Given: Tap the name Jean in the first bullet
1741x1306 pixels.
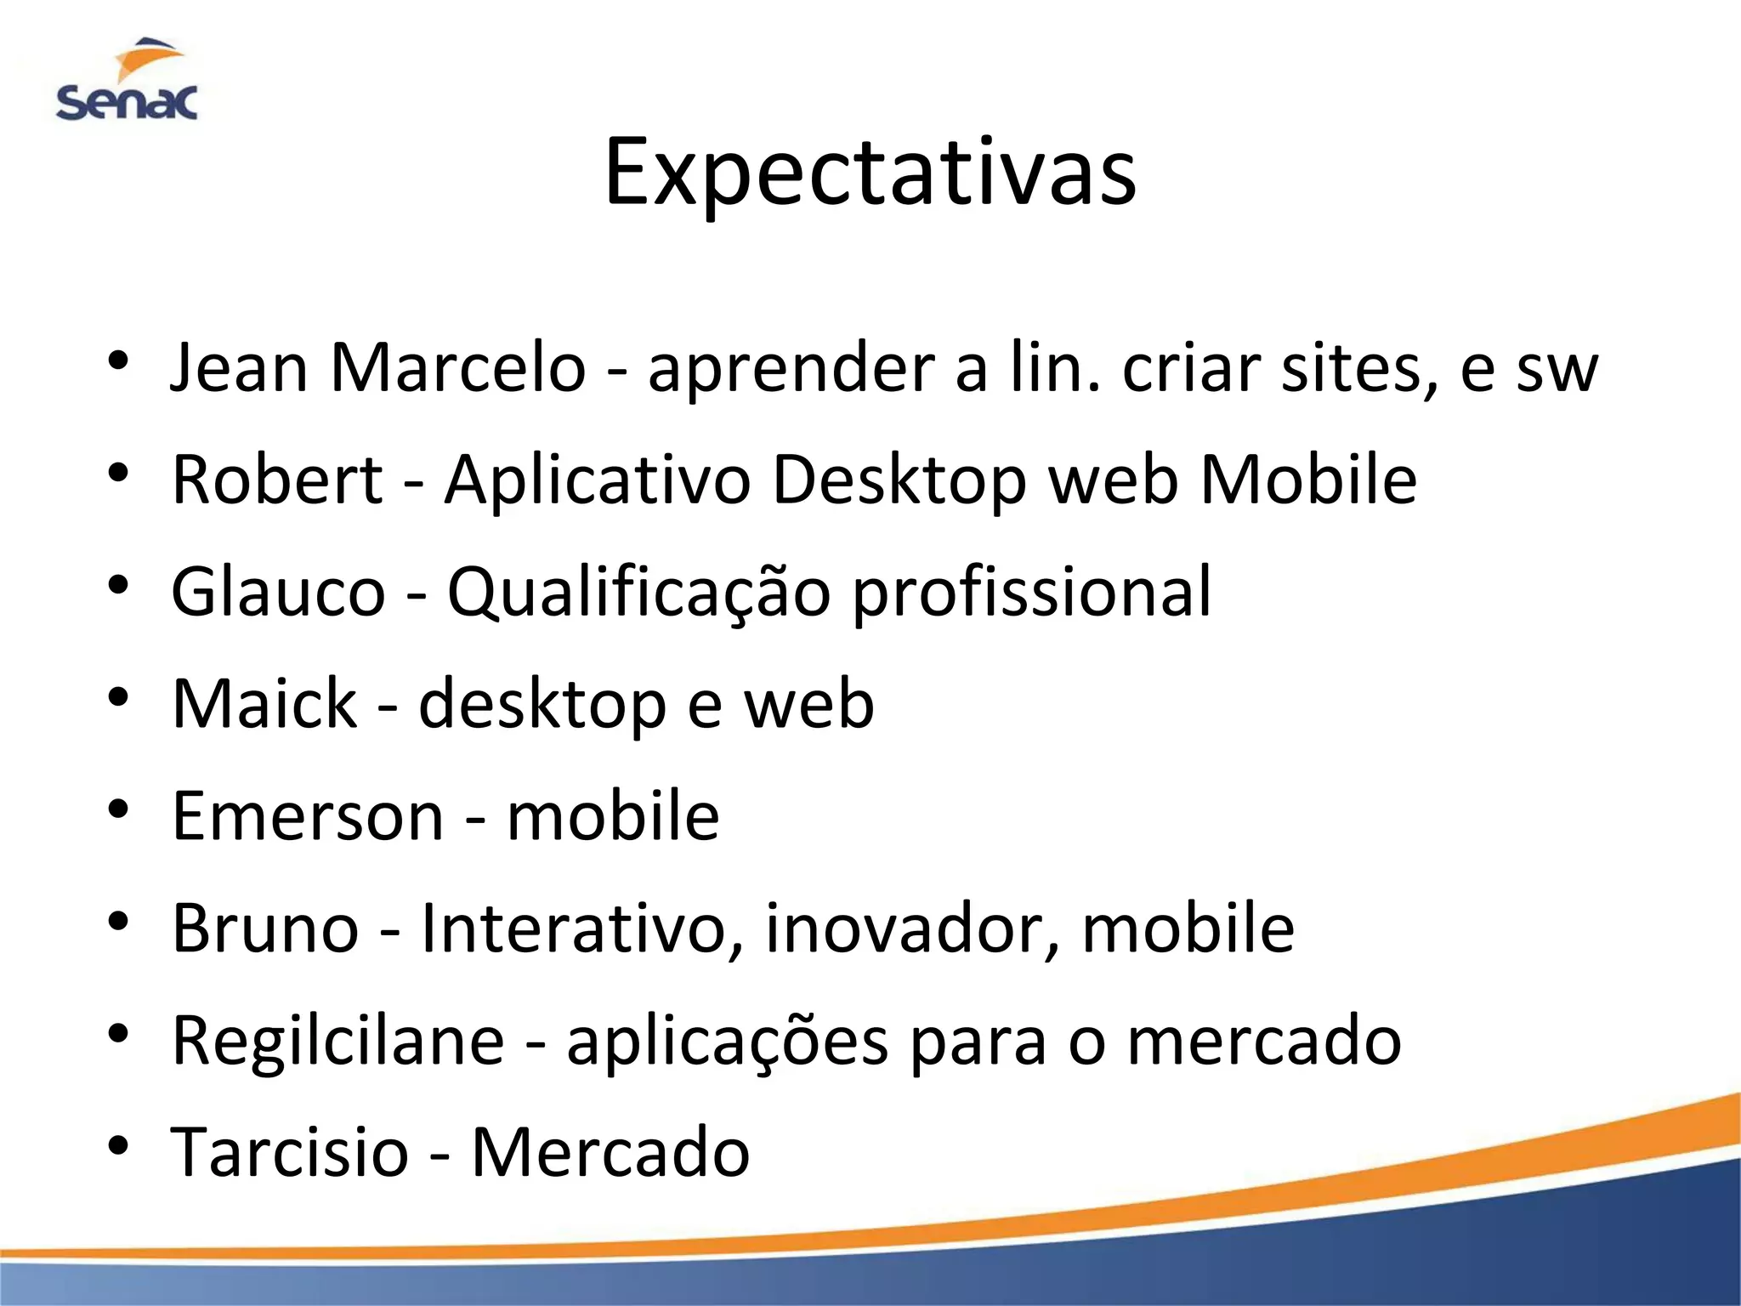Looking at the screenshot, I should tap(239, 368).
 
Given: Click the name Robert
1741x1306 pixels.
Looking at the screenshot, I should tap(277, 480).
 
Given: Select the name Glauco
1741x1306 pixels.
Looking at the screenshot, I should tap(278, 592).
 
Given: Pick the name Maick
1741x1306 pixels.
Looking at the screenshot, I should tap(264, 704).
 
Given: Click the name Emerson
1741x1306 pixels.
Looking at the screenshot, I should tap(308, 816).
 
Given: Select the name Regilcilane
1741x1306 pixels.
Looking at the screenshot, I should tap(337, 1041).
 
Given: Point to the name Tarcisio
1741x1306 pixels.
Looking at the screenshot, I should tap(290, 1152).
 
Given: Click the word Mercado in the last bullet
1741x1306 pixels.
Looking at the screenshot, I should tap(610, 1152).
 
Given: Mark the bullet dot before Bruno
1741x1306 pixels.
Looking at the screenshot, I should tap(118, 920).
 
